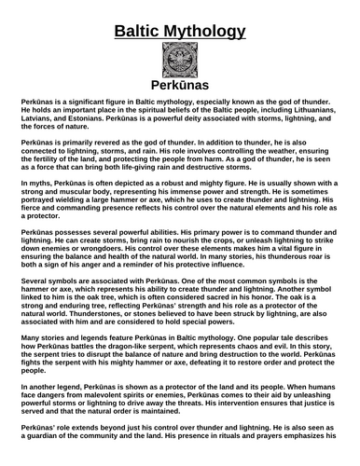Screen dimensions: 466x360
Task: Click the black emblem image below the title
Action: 179,66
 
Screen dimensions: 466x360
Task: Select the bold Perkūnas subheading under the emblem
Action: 179,102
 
